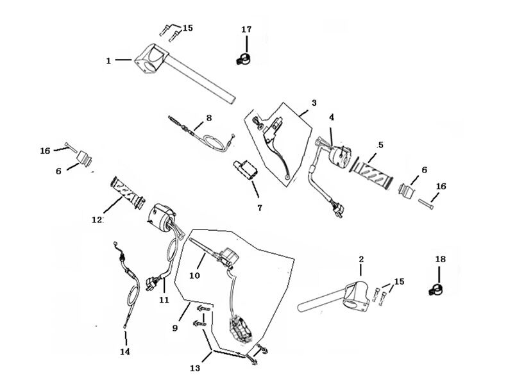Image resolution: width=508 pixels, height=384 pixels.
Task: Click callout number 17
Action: (x=247, y=29)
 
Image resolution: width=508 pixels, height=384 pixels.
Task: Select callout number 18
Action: (x=439, y=259)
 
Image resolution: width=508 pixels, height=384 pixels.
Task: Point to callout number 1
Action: (x=109, y=60)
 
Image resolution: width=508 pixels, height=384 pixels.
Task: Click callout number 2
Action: (x=361, y=259)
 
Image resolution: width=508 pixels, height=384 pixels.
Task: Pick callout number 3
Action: (x=314, y=103)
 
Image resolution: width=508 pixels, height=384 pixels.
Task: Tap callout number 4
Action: (x=332, y=117)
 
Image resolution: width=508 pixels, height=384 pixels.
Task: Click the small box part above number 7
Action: (x=245, y=169)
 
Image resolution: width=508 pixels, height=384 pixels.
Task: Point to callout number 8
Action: (x=208, y=118)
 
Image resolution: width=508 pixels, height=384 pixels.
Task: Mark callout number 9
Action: (x=174, y=328)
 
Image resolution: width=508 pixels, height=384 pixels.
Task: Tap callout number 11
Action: (x=164, y=299)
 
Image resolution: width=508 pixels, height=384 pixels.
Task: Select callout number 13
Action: (x=195, y=368)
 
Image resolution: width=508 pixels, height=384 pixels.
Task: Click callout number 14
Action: (x=124, y=352)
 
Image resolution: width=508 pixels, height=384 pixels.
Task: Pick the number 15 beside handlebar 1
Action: (x=187, y=28)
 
